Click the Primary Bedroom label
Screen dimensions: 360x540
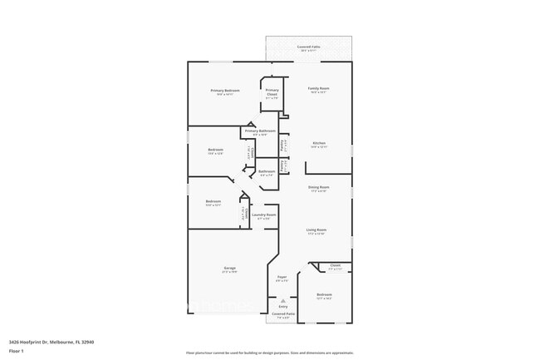point(225,90)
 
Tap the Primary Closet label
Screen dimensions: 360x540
point(272,92)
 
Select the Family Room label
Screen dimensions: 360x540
point(319,88)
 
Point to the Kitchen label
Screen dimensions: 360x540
point(319,143)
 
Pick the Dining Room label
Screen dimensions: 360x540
point(319,187)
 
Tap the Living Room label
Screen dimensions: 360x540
point(317,229)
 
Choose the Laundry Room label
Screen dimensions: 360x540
point(263,215)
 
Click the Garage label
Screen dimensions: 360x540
point(229,268)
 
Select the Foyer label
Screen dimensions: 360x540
point(282,277)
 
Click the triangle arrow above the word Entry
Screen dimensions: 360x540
point(283,299)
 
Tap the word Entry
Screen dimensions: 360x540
point(283,306)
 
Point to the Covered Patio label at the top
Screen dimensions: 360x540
point(309,47)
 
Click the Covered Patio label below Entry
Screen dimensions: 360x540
point(283,314)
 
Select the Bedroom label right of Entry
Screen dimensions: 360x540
point(324,294)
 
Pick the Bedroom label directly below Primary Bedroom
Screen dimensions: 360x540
point(215,150)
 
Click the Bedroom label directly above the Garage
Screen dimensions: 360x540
point(214,201)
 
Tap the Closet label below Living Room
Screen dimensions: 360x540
point(335,266)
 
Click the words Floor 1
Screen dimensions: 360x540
point(16,351)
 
